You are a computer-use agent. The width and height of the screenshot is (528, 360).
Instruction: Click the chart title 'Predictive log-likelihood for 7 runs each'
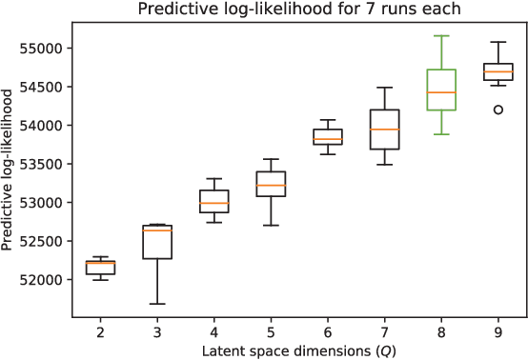(297, 10)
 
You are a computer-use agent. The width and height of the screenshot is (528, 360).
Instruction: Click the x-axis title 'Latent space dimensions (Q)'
(297, 350)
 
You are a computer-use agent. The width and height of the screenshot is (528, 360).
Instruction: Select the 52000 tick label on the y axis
(40, 280)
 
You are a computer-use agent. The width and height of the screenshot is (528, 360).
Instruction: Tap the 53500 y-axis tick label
(40, 165)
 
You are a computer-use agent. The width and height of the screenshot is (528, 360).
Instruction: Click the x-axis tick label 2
(99, 330)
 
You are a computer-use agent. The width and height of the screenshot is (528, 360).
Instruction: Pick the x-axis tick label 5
(271, 330)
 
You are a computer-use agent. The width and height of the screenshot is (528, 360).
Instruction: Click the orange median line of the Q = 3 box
(157, 230)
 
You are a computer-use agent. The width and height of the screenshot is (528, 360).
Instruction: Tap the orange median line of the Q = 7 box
(384, 130)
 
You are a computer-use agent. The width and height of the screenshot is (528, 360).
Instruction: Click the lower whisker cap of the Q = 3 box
(157, 304)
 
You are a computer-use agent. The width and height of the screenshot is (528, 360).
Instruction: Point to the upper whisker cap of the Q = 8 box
(441, 36)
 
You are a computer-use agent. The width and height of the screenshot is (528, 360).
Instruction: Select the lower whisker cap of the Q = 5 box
(271, 226)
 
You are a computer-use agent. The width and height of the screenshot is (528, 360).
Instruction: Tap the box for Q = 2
(100, 269)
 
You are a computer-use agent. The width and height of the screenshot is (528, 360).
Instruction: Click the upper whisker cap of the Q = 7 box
(384, 88)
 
